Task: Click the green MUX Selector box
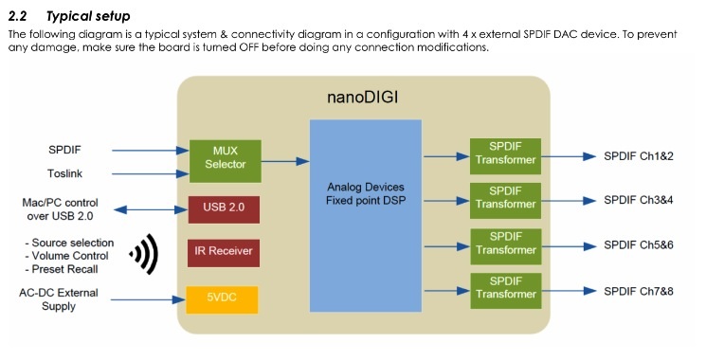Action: click(x=226, y=161)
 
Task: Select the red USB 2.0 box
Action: click(x=224, y=209)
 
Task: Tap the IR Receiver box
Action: click(x=224, y=253)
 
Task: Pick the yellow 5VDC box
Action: click(x=222, y=299)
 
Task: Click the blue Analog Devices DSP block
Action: click(x=366, y=216)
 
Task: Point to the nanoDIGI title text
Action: click(x=362, y=98)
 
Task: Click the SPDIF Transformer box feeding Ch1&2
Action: click(x=505, y=156)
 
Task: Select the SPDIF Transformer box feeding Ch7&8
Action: click(x=506, y=290)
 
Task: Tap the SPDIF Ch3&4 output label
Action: click(x=639, y=200)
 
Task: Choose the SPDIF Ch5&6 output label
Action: click(x=639, y=245)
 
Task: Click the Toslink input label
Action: click(x=64, y=173)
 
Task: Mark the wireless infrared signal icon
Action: click(x=144, y=254)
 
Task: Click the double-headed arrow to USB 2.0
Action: click(x=151, y=209)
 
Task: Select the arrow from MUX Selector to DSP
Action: click(x=285, y=161)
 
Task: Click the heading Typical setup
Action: click(x=88, y=16)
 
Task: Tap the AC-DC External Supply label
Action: click(x=59, y=299)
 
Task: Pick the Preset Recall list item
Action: click(x=62, y=269)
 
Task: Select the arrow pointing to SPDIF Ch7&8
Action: click(x=570, y=291)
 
